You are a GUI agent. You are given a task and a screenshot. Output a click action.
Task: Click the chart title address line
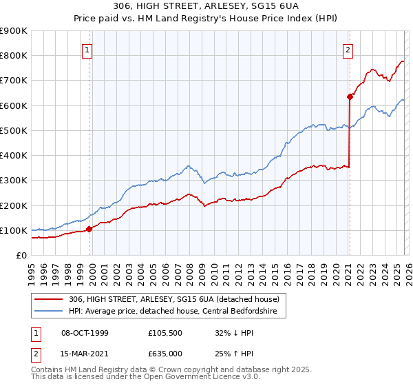[206, 6]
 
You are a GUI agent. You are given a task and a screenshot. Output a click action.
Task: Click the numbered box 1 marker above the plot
[89, 50]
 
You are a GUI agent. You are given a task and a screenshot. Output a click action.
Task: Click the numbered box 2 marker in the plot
[348, 50]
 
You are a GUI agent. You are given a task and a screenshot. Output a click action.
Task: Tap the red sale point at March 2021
[350, 96]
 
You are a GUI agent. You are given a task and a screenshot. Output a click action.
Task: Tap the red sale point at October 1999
[89, 229]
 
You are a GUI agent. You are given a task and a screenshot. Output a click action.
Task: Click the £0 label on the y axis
[21, 255]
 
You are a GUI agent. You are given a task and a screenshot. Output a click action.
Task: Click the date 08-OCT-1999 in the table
[85, 333]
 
